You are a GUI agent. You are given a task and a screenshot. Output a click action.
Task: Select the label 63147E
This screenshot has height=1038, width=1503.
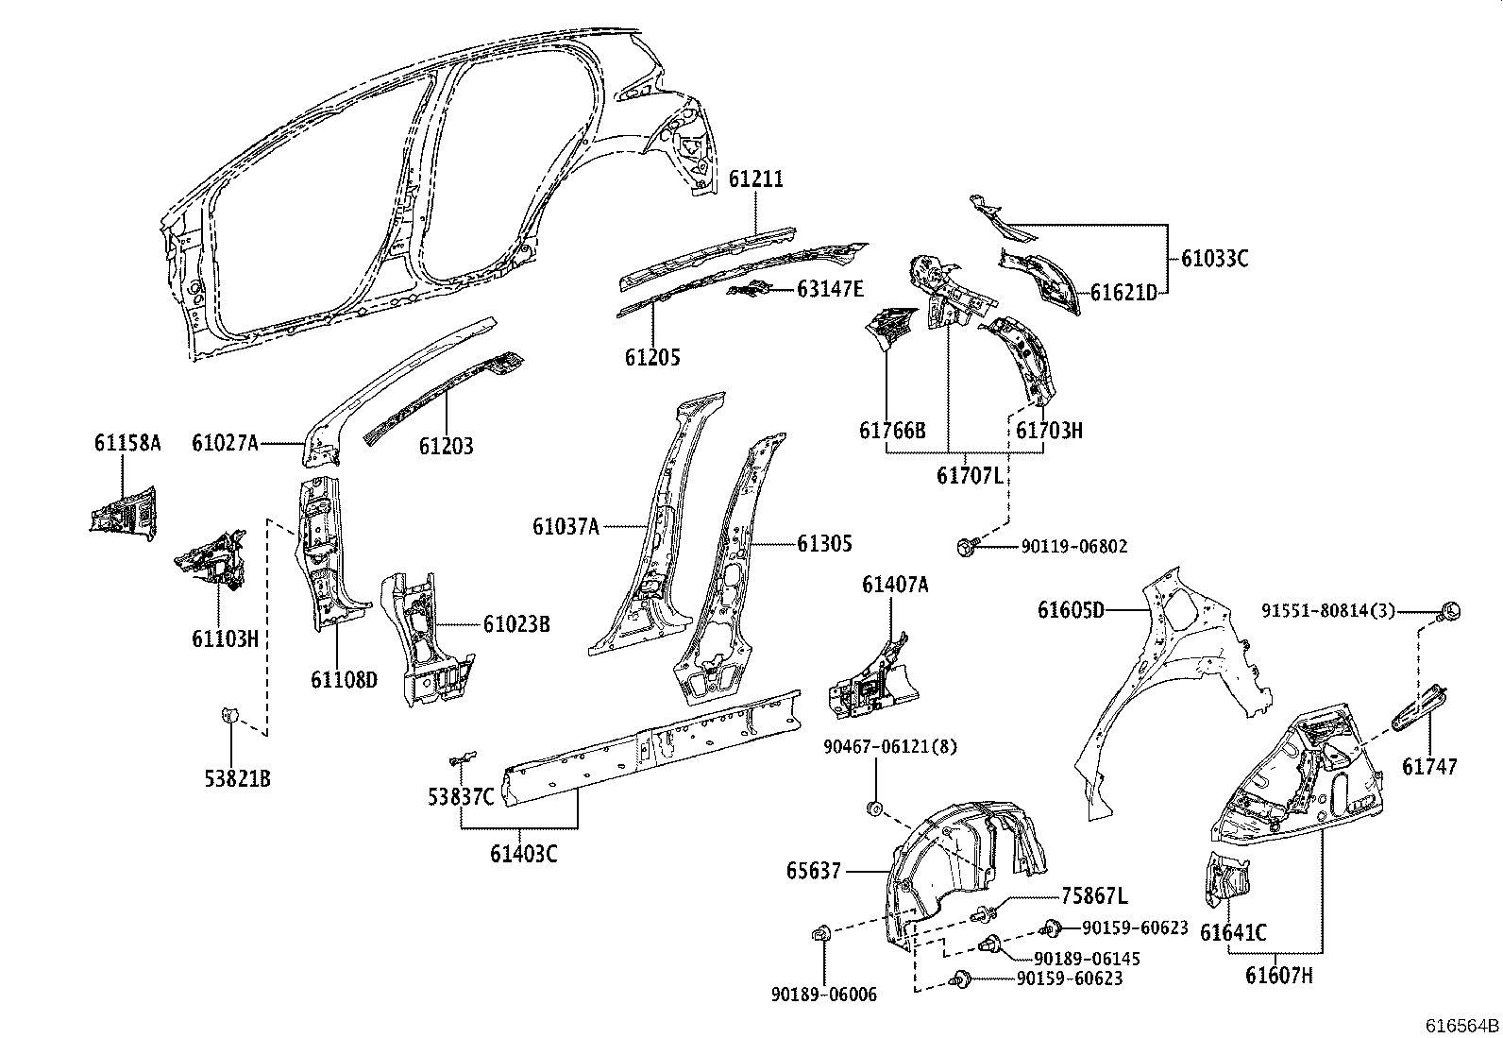pos(830,289)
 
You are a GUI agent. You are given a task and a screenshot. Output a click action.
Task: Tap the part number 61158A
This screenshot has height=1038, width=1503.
pos(127,443)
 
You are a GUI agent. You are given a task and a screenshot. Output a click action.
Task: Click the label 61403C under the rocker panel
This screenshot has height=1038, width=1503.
pos(523,854)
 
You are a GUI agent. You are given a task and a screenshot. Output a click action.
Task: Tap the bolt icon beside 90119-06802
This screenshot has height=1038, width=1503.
pos(965,546)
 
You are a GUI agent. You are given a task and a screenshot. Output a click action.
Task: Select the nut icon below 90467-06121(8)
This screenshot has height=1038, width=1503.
pos(875,808)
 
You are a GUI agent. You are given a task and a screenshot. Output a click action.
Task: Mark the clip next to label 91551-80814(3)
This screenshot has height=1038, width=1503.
pos(1452,611)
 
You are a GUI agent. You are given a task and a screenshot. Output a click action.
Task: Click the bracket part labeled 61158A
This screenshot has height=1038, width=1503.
pos(123,510)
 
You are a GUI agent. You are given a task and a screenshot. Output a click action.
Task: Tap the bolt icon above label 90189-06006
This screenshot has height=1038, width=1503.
pos(819,935)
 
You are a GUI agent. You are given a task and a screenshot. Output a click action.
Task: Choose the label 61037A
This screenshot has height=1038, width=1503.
pos(566,526)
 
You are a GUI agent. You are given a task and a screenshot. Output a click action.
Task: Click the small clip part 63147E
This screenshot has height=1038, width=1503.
pos(753,290)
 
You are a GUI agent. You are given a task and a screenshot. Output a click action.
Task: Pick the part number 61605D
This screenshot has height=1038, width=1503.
pos(1071,610)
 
